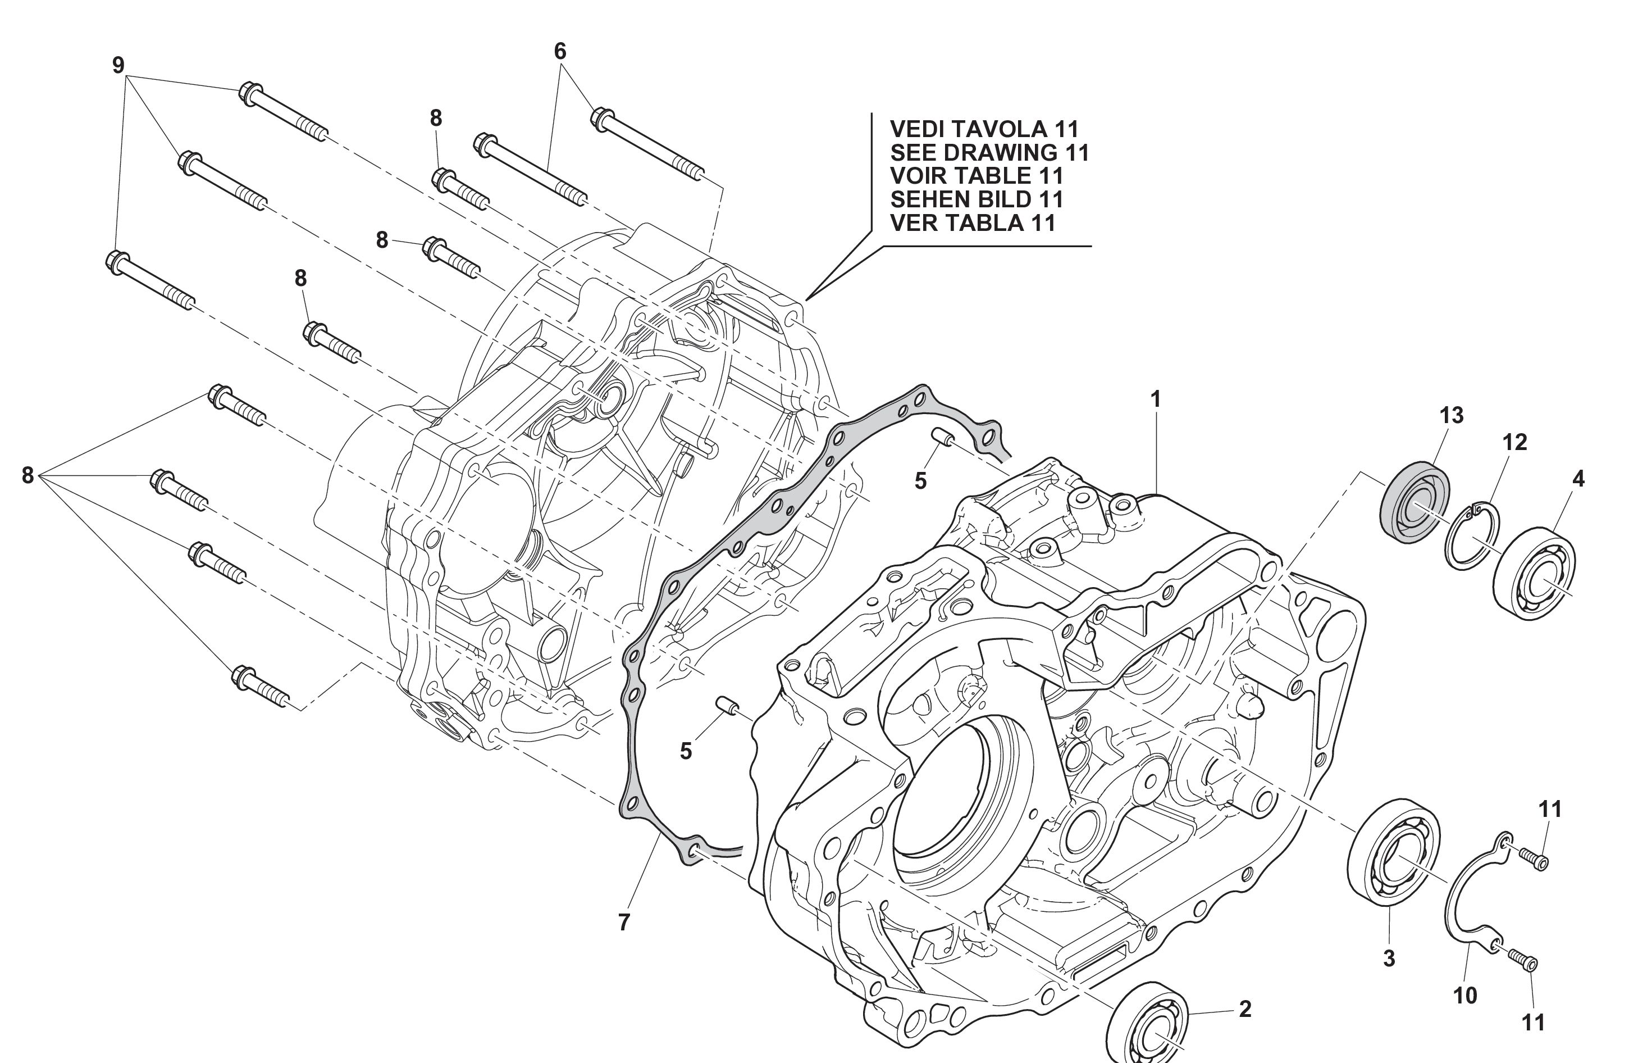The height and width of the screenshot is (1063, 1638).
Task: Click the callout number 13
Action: point(1452,415)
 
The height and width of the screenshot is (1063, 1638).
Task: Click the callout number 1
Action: point(1156,399)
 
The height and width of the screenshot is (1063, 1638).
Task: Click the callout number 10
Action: point(1465,995)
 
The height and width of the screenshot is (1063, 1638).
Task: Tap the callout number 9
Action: point(118,65)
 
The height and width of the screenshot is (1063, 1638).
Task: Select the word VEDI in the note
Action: point(918,129)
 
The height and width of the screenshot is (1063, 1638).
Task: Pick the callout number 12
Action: point(1515,442)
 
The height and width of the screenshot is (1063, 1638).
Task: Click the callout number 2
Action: point(1245,1009)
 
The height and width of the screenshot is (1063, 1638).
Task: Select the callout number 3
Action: point(1389,958)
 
